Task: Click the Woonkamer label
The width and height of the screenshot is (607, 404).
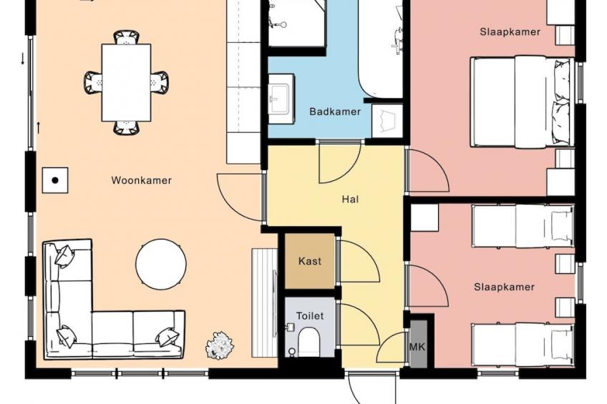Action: point(141,180)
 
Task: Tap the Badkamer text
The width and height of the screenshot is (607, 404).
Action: point(335,112)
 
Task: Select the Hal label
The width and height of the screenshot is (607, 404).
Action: point(350,199)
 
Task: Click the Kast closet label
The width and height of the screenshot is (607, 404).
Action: point(310,261)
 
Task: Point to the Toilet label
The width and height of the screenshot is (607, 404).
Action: point(310,316)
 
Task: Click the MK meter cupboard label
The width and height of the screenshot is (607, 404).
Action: point(417,347)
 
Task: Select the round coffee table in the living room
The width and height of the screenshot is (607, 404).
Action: point(160,264)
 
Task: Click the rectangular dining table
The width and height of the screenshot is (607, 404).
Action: point(126,83)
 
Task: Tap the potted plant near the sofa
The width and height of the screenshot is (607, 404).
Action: point(220,345)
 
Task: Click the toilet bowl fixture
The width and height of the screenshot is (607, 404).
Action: point(309,342)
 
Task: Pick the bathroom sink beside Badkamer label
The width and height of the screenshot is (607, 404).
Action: point(281,99)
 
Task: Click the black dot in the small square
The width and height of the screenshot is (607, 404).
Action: point(55,180)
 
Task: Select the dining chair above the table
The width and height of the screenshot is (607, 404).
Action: point(126,37)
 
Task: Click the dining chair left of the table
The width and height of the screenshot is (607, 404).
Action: point(93,83)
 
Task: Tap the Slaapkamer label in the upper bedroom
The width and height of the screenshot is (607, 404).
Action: point(510,32)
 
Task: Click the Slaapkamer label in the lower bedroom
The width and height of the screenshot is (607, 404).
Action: point(504,287)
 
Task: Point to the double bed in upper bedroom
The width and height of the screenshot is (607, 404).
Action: point(522,102)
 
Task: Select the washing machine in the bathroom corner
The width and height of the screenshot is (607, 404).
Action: point(387,121)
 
